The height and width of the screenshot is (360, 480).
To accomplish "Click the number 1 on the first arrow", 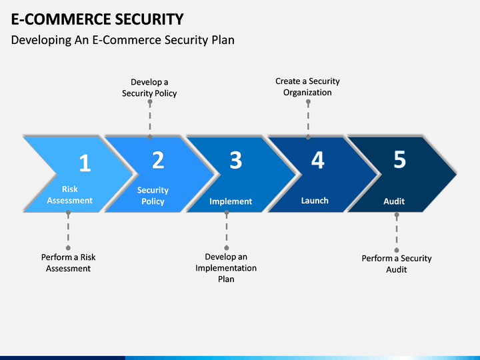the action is (85, 163).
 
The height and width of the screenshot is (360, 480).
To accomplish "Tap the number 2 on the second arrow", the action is (158, 160).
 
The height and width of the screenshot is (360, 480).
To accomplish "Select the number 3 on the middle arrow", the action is (236, 160).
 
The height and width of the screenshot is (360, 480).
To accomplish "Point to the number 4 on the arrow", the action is (318, 160).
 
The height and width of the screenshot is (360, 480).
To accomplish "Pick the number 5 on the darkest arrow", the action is (399, 159).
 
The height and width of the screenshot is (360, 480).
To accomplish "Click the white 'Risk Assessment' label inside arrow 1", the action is (70, 195).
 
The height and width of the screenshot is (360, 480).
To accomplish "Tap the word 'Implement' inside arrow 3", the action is (231, 201).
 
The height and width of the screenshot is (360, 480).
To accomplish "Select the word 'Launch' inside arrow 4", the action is (315, 201).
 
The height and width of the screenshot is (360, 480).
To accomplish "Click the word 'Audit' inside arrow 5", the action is (394, 201).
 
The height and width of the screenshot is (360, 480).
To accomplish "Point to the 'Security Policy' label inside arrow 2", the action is (153, 195).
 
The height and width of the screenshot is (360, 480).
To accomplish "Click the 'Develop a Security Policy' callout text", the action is (149, 87).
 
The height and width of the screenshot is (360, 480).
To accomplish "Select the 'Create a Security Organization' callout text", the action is (307, 87).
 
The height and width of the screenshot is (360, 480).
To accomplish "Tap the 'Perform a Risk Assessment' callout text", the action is (68, 263).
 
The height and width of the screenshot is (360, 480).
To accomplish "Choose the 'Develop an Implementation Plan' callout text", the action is (226, 268).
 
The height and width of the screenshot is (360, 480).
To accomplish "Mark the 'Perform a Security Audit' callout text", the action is (397, 264).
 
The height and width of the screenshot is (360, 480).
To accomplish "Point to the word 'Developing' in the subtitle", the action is (41, 40).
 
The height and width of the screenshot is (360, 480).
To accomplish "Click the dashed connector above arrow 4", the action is (308, 119).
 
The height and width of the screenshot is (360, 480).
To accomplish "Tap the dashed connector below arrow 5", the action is (397, 233).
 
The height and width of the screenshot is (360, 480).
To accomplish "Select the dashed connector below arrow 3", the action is (227, 230).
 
